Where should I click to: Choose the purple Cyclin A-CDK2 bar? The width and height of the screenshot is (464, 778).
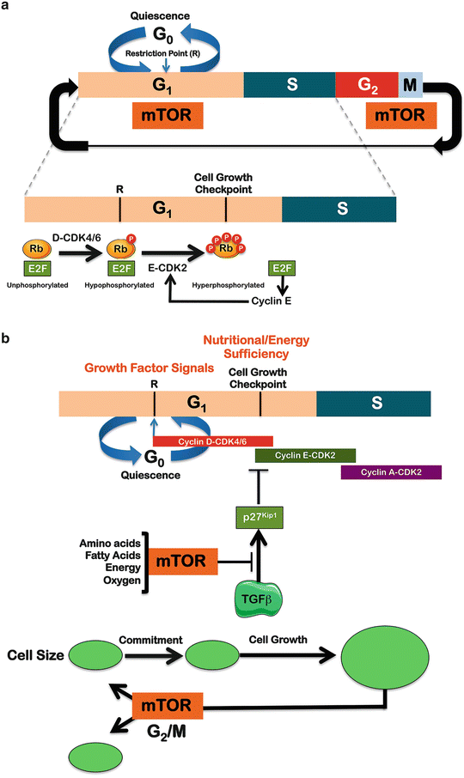(391, 472)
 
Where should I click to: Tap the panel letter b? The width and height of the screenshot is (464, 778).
(7, 342)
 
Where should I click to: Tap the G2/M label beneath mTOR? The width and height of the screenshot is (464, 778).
(169, 735)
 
